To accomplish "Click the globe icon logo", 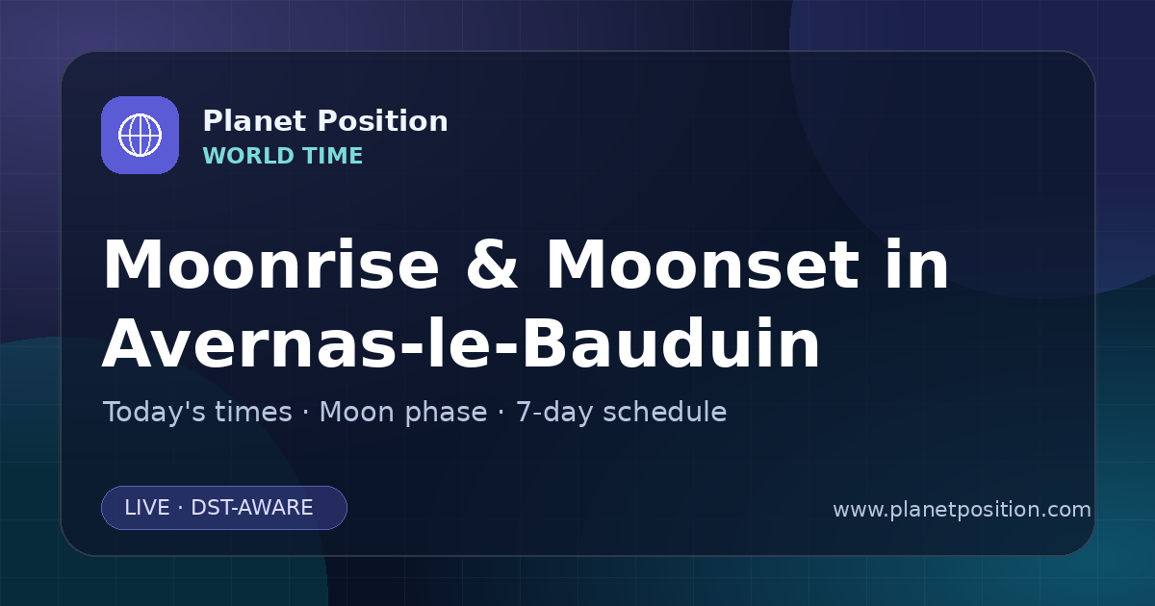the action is [x=140, y=135].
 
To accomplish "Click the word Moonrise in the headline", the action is [x=271, y=265].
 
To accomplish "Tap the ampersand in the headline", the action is [x=492, y=265].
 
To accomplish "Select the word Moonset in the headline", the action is [x=703, y=265].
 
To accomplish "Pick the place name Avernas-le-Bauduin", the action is [x=461, y=343].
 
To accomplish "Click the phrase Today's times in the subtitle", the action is [x=197, y=413].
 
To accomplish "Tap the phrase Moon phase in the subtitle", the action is [x=403, y=413].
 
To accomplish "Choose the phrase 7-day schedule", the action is [x=622, y=413].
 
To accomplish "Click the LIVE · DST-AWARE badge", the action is [x=224, y=508].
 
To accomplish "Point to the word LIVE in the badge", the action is [x=147, y=508].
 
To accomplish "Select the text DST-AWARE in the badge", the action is [x=252, y=508].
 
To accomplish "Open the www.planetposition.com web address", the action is [x=962, y=510].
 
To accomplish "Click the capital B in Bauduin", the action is [x=546, y=343].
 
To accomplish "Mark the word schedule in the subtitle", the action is [x=665, y=413].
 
